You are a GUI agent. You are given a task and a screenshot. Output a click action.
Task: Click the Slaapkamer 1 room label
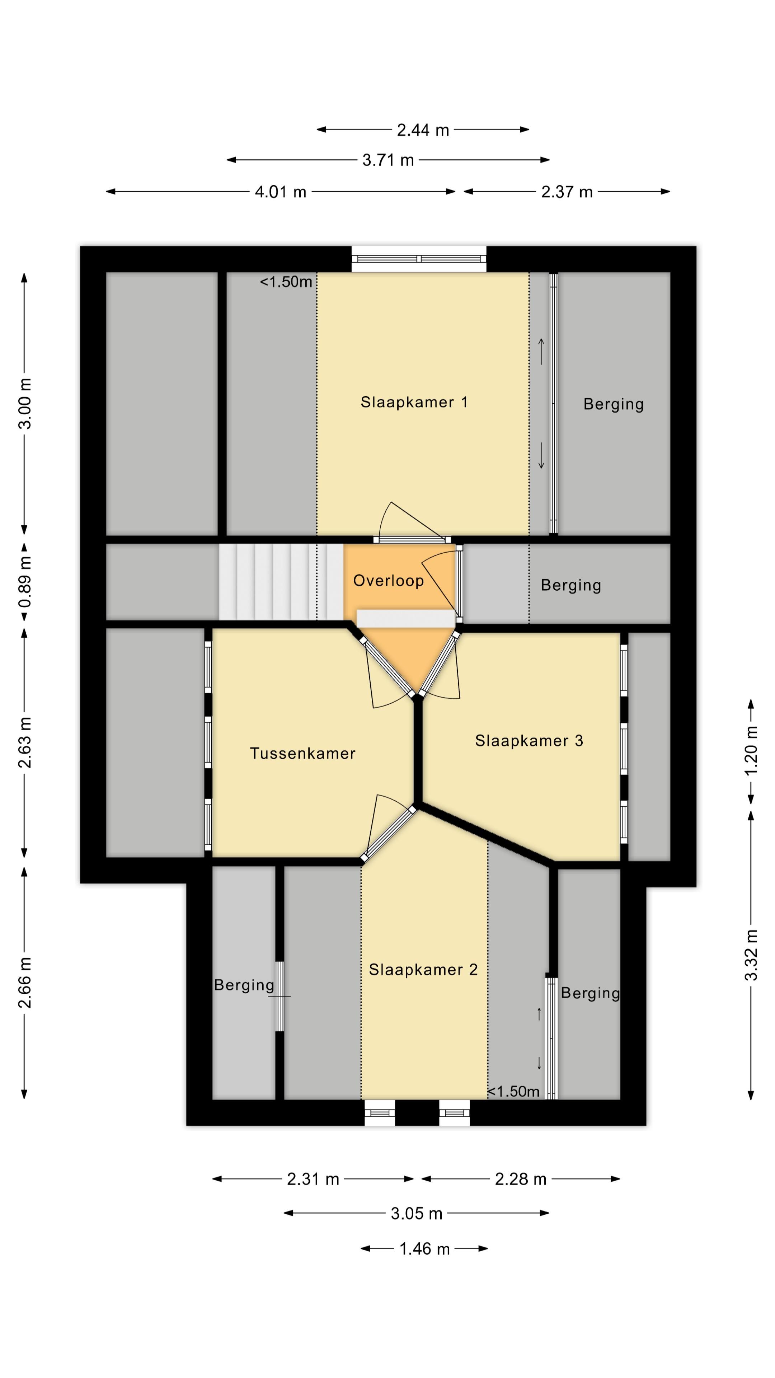tap(414, 402)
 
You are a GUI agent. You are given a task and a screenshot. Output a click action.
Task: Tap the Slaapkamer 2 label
tap(423, 970)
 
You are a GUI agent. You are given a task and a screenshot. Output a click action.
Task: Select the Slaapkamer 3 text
tap(529, 741)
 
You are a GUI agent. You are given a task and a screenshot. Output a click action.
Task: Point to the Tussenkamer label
tap(303, 753)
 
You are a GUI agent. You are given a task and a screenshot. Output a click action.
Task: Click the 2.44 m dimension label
tap(423, 130)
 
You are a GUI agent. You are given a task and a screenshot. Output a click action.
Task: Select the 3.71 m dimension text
tap(388, 160)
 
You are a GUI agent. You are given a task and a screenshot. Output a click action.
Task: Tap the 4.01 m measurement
tap(281, 192)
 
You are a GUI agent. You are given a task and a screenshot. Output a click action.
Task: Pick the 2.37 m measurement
tap(567, 192)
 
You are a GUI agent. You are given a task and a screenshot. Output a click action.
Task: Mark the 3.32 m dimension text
tap(751, 955)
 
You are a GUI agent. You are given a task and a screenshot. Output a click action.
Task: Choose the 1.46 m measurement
tap(425, 1249)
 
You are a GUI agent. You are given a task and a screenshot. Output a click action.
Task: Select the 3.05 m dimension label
tap(417, 1214)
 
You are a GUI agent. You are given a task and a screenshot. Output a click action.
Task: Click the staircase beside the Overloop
tap(281, 582)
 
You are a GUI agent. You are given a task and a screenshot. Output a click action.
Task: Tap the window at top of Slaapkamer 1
tap(419, 259)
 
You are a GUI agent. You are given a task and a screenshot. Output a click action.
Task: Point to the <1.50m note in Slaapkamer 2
tap(513, 1091)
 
